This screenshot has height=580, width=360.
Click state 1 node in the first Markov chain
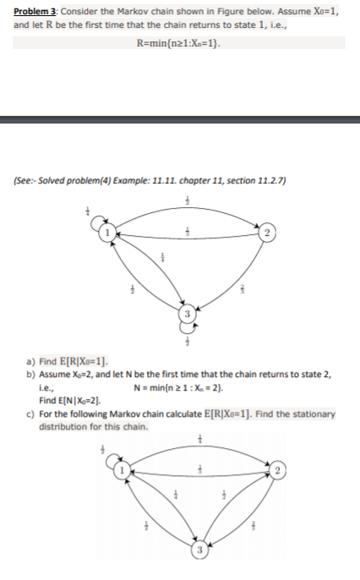[x=106, y=229]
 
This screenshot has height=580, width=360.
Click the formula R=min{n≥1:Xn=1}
[x=179, y=42]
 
